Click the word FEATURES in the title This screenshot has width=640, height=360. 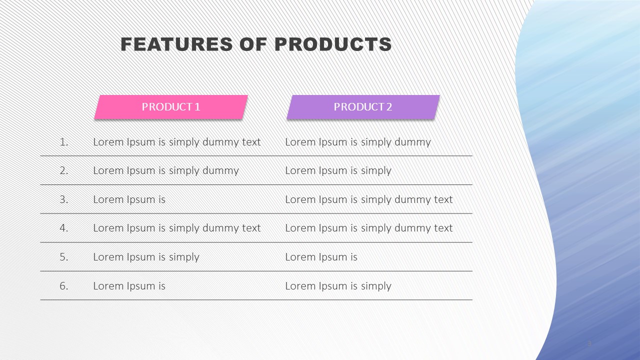(176, 44)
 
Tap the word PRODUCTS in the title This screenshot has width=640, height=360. (333, 44)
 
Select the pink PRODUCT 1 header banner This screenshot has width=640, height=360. (171, 107)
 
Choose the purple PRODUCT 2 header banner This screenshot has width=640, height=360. (363, 107)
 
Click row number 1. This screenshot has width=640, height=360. (64, 142)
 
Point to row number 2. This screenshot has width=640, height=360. (64, 170)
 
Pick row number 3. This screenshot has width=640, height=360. (64, 199)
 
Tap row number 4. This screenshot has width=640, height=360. (64, 228)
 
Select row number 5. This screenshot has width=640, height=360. (64, 257)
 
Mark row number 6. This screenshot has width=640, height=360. (64, 286)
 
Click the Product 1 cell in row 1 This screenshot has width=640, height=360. (177, 142)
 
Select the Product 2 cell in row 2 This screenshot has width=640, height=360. (338, 171)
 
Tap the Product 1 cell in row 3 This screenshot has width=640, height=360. (129, 199)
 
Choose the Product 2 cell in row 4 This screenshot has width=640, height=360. (369, 228)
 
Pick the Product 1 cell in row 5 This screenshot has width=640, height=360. (146, 257)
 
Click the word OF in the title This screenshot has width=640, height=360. (253, 44)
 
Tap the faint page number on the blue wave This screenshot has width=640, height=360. (589, 343)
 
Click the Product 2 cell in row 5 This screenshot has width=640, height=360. (321, 257)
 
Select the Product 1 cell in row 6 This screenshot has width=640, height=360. (129, 286)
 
